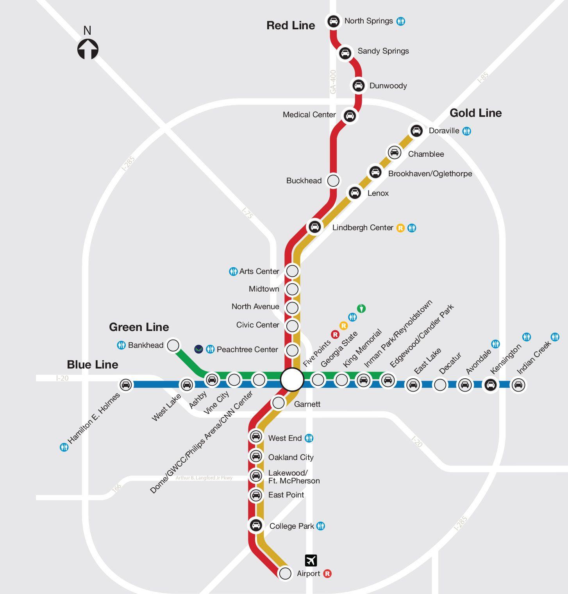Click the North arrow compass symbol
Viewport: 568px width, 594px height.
pos(88,49)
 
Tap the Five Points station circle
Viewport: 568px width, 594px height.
pos(292,379)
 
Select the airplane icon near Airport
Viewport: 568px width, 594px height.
pos(311,560)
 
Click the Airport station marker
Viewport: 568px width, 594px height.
pos(286,573)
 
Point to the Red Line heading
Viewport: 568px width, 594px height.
pos(291,25)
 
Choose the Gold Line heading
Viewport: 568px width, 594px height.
pos(475,113)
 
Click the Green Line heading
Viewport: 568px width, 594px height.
pos(139,327)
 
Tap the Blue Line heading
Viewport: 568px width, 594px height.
pos(92,365)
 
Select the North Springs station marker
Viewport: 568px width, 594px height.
pos(333,21)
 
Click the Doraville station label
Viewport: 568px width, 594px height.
pos(444,131)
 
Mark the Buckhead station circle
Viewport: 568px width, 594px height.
pos(333,181)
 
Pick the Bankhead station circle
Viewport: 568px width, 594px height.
pos(173,345)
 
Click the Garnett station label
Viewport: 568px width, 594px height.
pos(307,404)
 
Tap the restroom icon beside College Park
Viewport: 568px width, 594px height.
pos(321,526)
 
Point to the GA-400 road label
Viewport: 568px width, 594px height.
pos(333,82)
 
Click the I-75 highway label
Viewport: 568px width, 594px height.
pos(247,213)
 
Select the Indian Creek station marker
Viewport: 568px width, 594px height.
pos(518,385)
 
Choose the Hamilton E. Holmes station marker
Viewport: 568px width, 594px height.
pos(126,385)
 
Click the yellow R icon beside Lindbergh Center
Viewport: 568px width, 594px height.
pos(400,228)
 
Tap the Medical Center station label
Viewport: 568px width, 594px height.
pos(309,115)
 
